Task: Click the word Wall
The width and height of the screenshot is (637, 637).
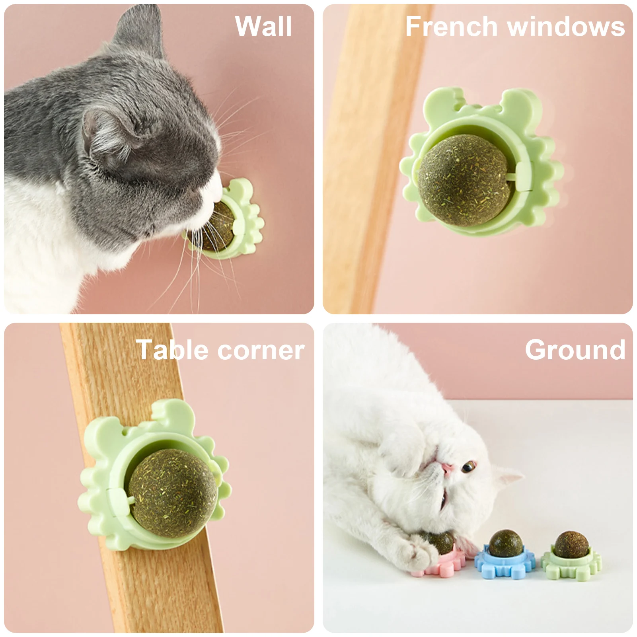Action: tap(263, 26)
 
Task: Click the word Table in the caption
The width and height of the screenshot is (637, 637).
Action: tap(173, 350)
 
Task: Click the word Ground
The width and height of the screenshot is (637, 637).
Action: tap(575, 350)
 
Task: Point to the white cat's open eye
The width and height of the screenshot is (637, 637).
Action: tap(469, 466)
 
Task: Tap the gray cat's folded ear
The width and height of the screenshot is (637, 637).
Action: tap(107, 133)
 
